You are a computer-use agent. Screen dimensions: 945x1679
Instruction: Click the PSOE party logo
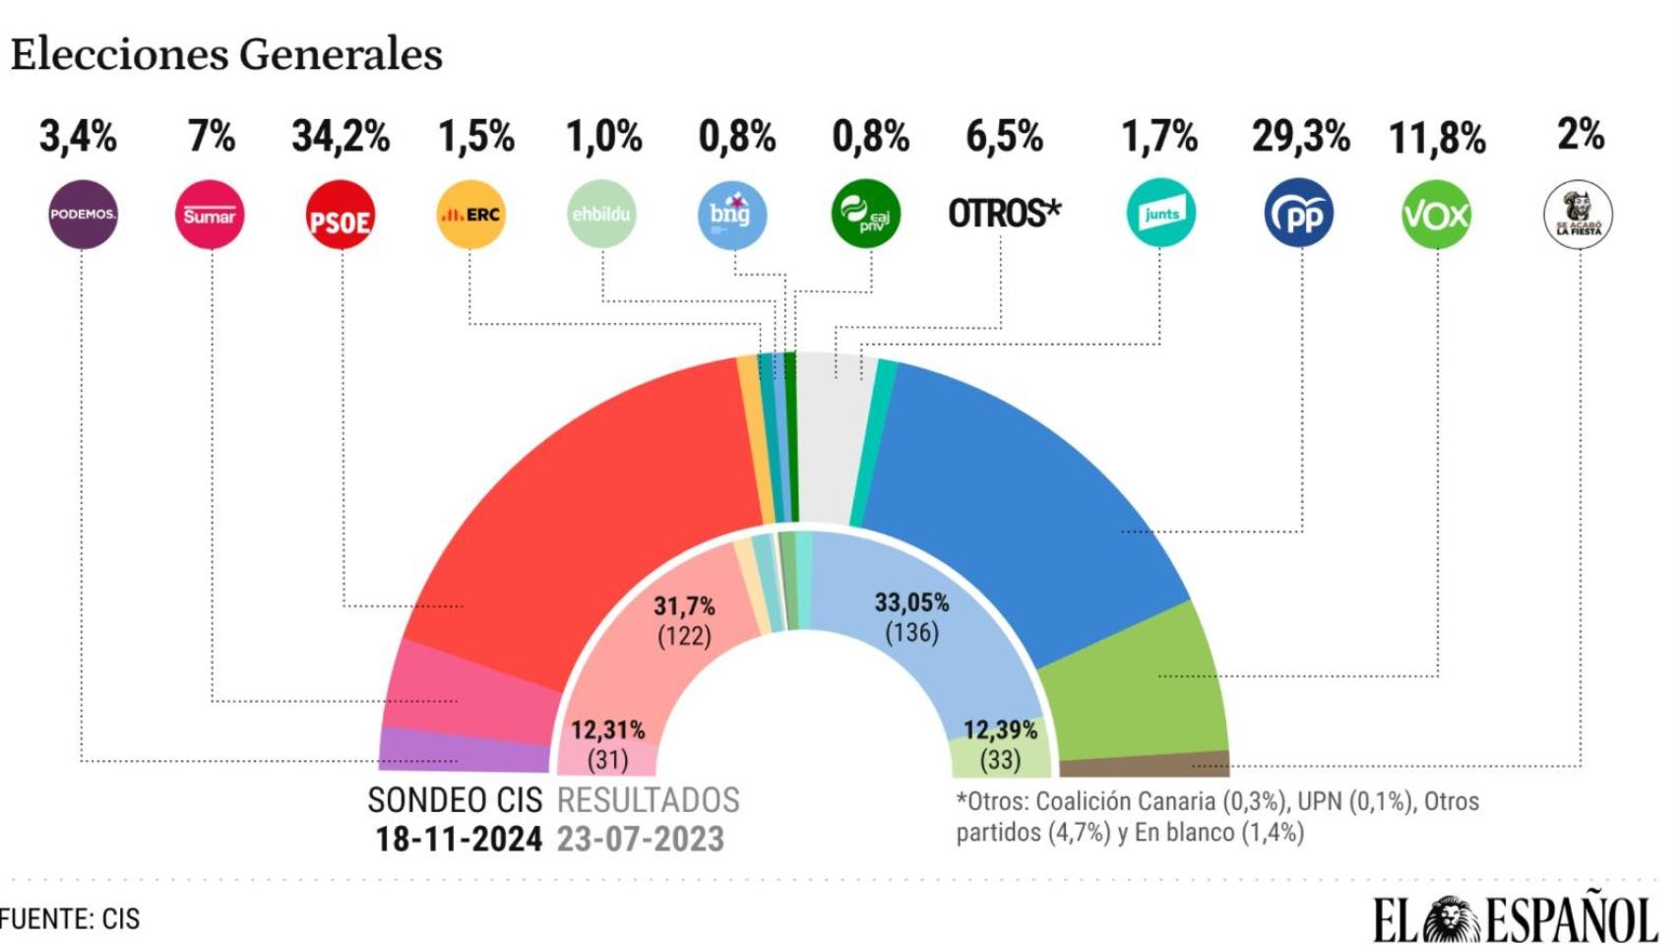tap(341, 216)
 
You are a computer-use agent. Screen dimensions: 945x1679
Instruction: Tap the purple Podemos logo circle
tap(83, 215)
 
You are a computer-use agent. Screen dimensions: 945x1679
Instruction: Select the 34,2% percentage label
tap(341, 137)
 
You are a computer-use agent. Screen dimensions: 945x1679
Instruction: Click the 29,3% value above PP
tap(1300, 137)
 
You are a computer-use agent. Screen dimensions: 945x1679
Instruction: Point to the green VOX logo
tap(1435, 215)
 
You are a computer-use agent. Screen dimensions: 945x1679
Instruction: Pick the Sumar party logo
tap(210, 215)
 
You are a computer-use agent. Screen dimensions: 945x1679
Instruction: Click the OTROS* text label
tap(1004, 213)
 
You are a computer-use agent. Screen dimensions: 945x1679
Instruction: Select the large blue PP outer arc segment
tap(1014, 492)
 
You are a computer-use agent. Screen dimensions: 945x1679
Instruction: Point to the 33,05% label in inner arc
tap(911, 602)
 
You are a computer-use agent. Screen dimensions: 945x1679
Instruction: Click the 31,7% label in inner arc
tap(684, 606)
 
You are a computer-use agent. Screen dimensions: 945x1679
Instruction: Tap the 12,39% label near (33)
tap(999, 730)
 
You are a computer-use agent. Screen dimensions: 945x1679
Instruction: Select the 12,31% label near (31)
tap(607, 730)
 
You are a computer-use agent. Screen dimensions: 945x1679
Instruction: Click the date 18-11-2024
tap(458, 840)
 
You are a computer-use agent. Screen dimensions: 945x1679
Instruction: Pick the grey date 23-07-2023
tap(640, 840)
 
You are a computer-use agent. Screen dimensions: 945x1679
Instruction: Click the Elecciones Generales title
tap(226, 54)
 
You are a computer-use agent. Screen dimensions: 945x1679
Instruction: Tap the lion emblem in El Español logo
tap(1452, 920)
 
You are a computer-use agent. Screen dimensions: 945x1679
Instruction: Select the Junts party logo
tap(1161, 213)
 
